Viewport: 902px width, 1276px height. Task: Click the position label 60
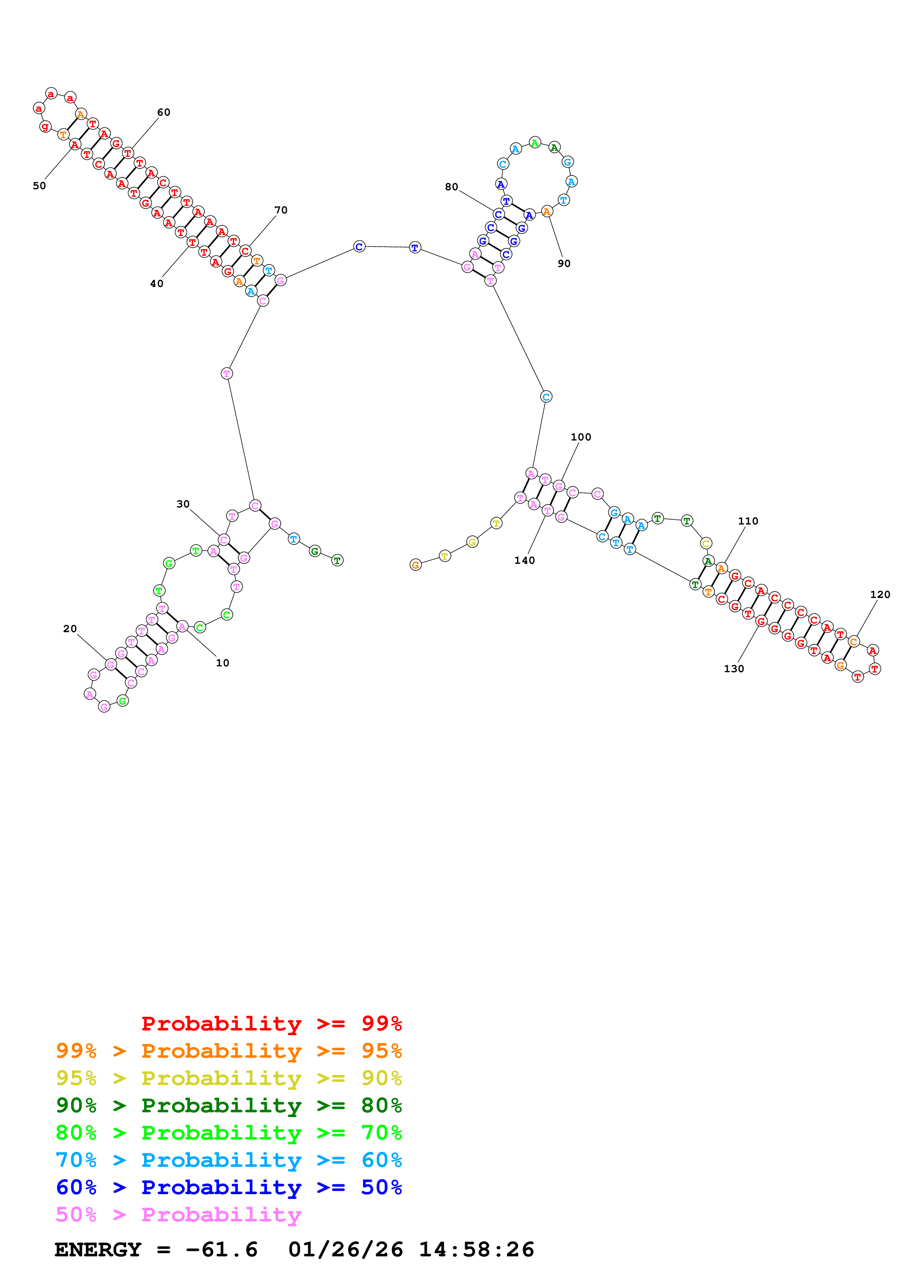(163, 112)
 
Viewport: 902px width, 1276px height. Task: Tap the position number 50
(39, 186)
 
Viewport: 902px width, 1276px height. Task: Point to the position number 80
(451, 187)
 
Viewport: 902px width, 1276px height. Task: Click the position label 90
(564, 263)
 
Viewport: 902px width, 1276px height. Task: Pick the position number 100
(581, 437)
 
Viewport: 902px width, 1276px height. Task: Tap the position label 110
(748, 521)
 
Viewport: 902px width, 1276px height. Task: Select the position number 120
(880, 594)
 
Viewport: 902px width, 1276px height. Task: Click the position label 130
(734, 669)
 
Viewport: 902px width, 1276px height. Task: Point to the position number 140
(524, 560)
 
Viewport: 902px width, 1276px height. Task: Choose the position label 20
(70, 629)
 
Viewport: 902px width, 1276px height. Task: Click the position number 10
(222, 662)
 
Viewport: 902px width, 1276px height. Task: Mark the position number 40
(157, 283)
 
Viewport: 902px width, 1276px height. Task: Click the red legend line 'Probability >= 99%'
(271, 1024)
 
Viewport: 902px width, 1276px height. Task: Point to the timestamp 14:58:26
(476, 1250)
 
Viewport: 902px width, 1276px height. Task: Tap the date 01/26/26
(346, 1250)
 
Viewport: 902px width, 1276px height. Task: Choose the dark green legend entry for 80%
(229, 1105)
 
